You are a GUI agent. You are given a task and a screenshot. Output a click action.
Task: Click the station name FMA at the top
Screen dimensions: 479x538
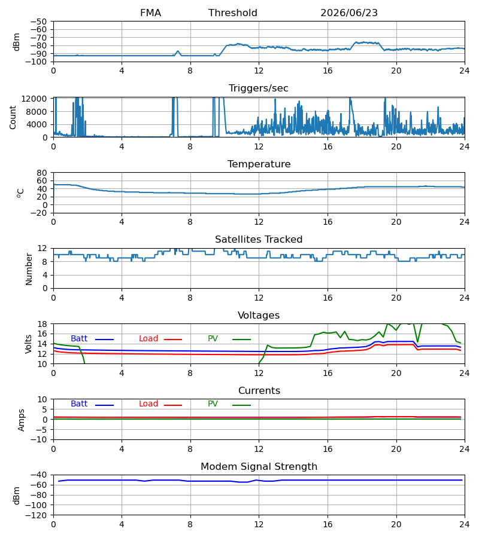(150, 13)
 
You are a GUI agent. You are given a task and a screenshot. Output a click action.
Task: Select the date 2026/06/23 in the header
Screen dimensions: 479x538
(349, 13)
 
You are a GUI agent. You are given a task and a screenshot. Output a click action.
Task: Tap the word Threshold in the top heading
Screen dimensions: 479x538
(233, 13)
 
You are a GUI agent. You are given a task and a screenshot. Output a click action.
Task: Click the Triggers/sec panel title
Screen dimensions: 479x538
(259, 88)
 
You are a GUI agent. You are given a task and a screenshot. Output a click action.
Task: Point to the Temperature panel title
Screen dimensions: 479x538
(259, 164)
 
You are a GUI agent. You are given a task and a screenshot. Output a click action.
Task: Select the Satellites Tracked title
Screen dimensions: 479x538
(259, 240)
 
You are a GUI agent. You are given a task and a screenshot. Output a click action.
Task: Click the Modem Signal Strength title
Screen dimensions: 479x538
(259, 467)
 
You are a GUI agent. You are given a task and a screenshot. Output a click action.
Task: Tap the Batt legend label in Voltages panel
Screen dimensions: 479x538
(79, 339)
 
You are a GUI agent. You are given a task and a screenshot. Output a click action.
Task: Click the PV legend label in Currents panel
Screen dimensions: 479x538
(213, 404)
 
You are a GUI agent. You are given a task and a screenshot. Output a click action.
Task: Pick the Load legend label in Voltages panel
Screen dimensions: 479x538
(148, 339)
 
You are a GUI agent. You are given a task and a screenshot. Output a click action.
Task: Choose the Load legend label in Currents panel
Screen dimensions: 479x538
(148, 404)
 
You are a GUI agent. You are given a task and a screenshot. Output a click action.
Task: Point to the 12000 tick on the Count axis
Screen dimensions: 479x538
(34, 99)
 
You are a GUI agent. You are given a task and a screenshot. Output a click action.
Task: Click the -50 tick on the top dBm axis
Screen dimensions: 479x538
(38, 22)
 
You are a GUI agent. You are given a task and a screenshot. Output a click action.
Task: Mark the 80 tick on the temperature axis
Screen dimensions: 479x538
(42, 173)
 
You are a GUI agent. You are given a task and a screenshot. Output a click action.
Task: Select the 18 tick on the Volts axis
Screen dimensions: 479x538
(42, 324)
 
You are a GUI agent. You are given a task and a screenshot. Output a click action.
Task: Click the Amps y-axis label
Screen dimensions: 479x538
(22, 420)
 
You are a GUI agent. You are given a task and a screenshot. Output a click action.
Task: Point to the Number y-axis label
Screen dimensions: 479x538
(29, 270)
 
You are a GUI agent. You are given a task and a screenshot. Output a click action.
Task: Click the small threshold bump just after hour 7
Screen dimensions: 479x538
(178, 53)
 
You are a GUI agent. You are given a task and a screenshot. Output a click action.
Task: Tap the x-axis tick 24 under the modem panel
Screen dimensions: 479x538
(465, 525)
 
